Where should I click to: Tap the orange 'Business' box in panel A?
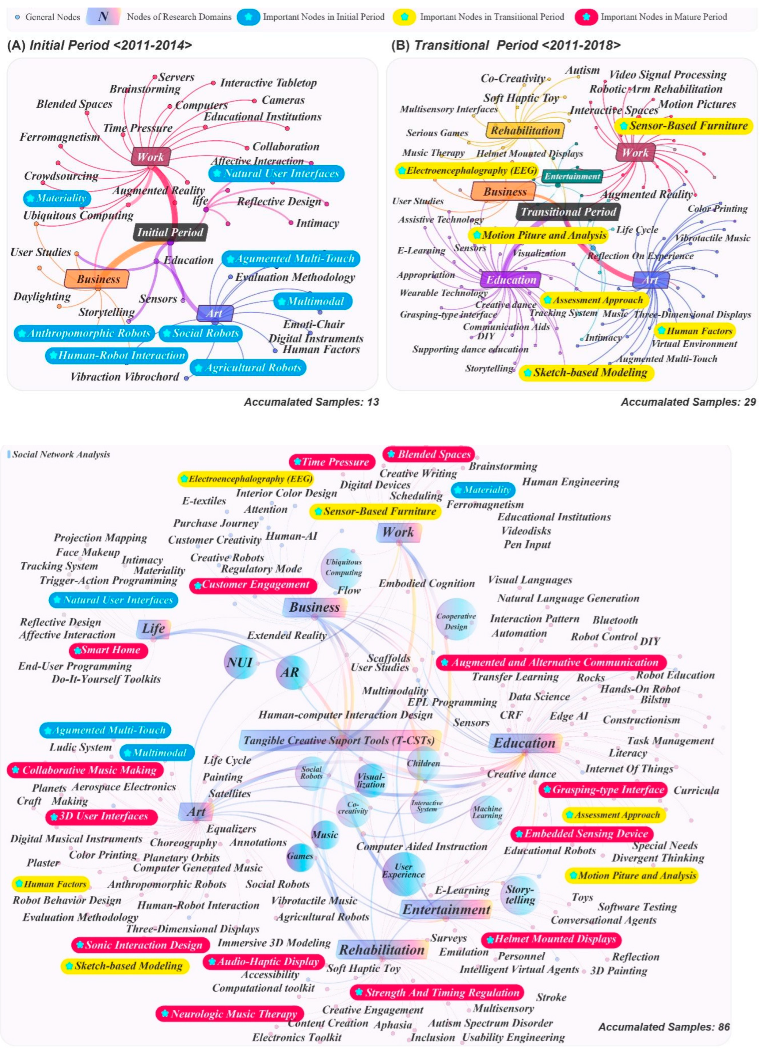coord(97,279)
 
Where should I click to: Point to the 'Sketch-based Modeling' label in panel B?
coord(586,373)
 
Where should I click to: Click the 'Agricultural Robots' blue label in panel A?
coord(248,368)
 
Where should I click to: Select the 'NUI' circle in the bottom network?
coord(240,662)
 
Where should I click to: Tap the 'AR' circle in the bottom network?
coord(290,672)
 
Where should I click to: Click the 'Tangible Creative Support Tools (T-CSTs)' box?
coord(339,740)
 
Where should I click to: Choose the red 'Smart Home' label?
coord(109,650)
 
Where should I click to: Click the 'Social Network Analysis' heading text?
coord(61,454)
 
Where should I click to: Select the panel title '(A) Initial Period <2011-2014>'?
coord(100,45)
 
